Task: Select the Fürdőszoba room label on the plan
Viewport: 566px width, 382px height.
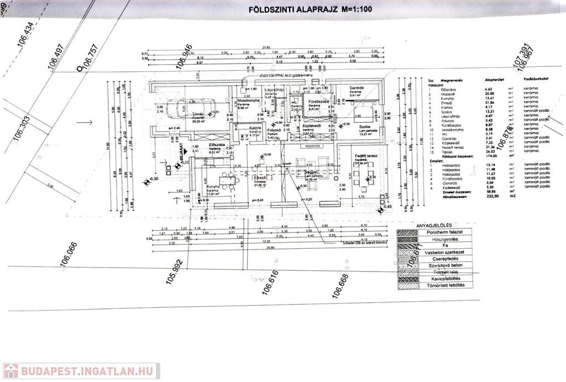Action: tap(318, 102)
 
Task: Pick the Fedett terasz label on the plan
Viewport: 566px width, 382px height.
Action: tap(365, 156)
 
